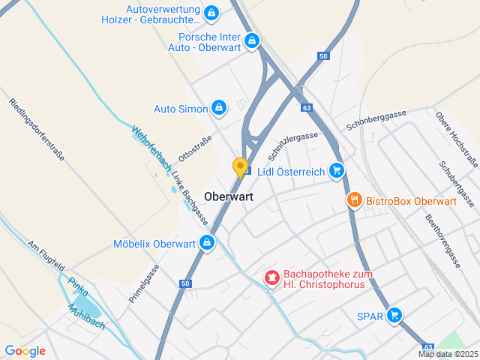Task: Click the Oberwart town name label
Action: pos(228,196)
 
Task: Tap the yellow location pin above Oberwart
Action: pos(240,167)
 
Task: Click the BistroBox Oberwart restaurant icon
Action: pos(354,200)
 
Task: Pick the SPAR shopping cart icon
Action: pos(394,315)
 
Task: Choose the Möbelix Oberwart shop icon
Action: pos(206,243)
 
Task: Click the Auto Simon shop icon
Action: pos(219,109)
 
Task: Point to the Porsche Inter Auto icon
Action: pos(252,41)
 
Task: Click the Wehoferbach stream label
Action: pos(148,142)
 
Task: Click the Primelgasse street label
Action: pos(144,283)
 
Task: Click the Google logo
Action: pos(25,351)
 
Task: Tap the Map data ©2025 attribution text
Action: pos(448,354)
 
